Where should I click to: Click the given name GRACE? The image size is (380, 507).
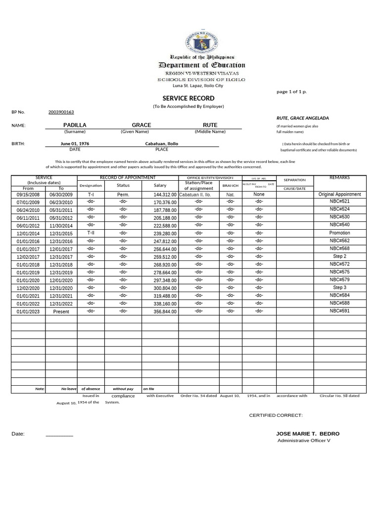(142, 125)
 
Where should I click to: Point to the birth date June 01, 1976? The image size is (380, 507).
(75, 144)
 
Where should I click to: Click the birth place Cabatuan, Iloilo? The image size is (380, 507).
(161, 144)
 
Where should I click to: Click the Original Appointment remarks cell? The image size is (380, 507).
(339, 195)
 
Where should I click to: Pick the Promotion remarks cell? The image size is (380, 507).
(339, 233)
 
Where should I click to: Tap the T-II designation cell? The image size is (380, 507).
(91, 233)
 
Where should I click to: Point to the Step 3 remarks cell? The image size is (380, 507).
(339, 288)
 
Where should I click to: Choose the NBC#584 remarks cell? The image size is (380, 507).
(339, 295)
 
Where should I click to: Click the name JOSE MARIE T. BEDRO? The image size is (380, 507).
(308, 434)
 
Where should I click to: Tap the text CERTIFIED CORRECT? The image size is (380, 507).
(276, 415)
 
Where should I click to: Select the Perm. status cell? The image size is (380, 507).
(123, 195)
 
